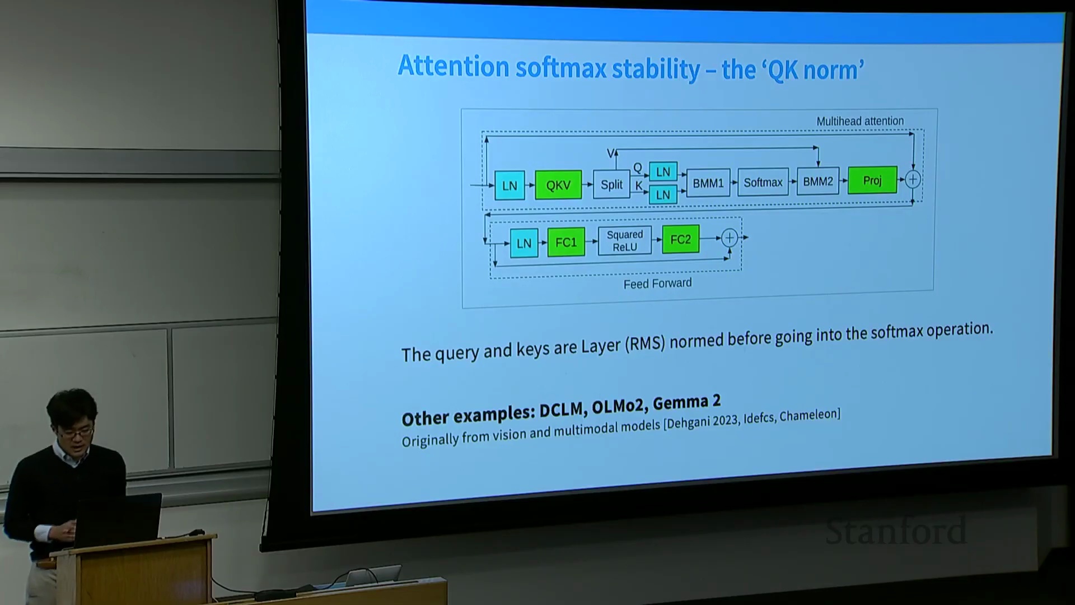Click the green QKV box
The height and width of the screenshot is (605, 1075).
click(x=558, y=185)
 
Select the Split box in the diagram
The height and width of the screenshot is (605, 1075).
click(x=611, y=184)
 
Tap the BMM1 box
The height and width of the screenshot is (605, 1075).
click(x=708, y=183)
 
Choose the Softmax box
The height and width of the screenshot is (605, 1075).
click(x=763, y=182)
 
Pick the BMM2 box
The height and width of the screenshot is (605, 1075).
click(x=818, y=181)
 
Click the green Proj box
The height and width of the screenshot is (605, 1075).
click(x=872, y=180)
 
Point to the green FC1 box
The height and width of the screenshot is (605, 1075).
click(x=566, y=242)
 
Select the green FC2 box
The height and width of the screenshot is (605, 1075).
click(x=680, y=239)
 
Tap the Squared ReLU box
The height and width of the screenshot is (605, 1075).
click(x=625, y=241)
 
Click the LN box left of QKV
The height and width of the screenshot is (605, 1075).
click(x=510, y=185)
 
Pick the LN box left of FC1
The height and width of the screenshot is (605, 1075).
click(x=524, y=243)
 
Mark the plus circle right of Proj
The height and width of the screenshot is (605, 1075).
click(x=913, y=179)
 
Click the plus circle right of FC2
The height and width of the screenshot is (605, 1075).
click(x=729, y=238)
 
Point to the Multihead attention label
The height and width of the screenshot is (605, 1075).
click(x=860, y=121)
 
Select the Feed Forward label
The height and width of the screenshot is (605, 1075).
click(x=657, y=283)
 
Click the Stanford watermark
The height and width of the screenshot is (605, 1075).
click(x=896, y=532)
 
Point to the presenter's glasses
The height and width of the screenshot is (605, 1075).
click(x=77, y=432)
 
